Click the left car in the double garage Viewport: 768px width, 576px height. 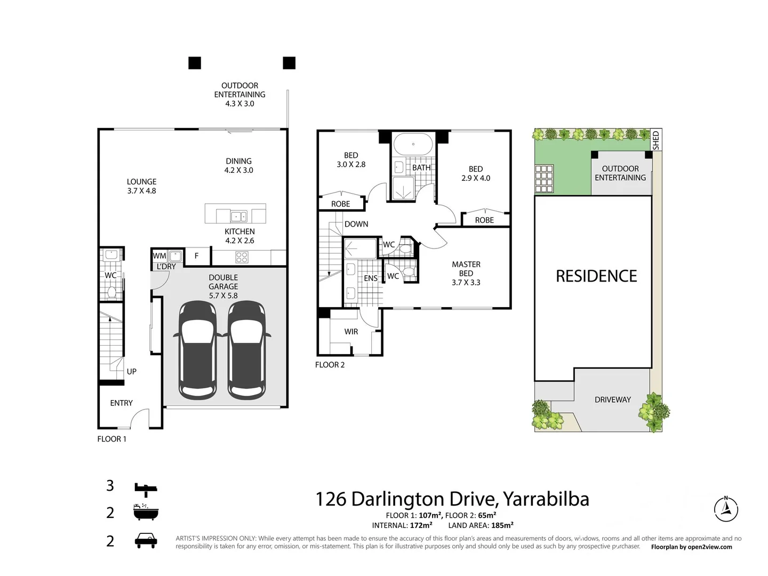(198, 349)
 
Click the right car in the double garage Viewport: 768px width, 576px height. (246, 349)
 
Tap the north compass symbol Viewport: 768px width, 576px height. (725, 509)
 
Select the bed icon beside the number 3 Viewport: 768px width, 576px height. (146, 488)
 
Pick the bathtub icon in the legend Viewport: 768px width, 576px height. (146, 513)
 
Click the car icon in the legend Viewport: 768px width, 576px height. (146, 540)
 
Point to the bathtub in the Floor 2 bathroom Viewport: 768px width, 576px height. (413, 144)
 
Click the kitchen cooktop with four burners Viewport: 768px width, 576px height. (242, 258)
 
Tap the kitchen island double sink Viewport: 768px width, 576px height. (238, 216)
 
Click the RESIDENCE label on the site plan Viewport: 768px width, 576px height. (596, 276)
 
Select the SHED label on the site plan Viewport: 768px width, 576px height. (656, 140)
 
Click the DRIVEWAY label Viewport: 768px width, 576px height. (612, 399)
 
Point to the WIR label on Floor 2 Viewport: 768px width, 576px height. (351, 332)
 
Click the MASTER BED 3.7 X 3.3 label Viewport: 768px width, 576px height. (466, 273)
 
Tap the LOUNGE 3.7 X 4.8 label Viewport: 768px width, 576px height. (141, 186)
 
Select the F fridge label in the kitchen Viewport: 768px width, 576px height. (196, 256)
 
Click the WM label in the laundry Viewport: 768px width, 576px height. (159, 256)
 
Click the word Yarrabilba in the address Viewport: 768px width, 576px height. (546, 499)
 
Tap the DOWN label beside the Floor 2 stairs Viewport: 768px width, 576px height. (356, 224)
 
